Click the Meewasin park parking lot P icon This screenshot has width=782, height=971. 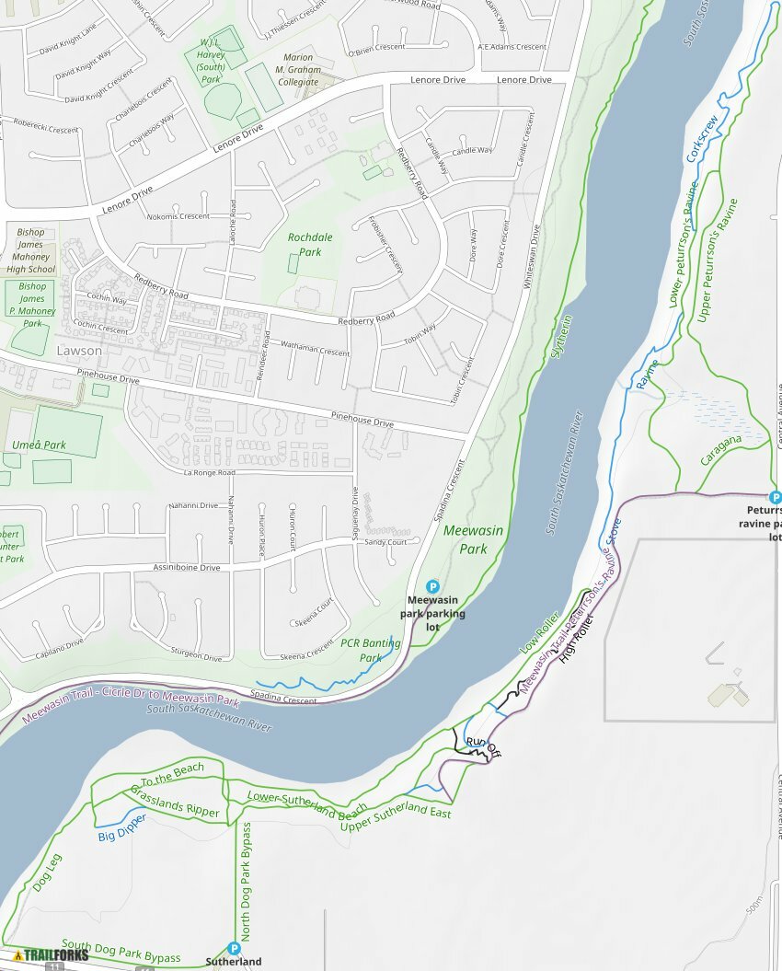point(432,586)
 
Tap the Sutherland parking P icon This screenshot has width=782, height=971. point(234,948)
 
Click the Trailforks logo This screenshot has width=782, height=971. point(52,954)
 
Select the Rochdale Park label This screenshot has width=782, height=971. point(310,244)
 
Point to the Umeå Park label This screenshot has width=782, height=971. point(39,445)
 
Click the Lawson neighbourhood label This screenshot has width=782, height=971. point(79,351)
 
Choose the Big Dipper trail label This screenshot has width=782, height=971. point(122,827)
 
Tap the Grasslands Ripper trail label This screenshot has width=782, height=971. point(175,802)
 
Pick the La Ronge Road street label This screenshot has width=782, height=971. point(209,473)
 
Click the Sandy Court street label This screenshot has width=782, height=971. point(385,543)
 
